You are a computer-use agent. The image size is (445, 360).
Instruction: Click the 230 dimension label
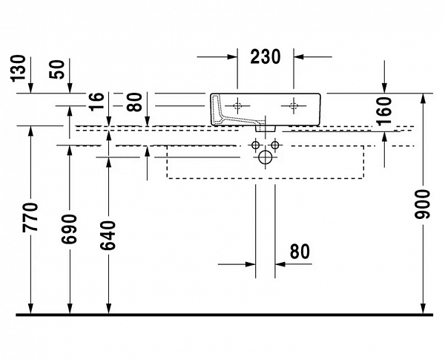(266, 56)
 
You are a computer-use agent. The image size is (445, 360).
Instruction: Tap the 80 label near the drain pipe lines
(299, 252)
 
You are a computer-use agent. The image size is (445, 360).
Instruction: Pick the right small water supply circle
(275, 144)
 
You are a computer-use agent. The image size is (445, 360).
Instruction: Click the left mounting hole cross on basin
(237, 103)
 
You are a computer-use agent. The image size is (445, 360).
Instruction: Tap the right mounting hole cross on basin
(295, 103)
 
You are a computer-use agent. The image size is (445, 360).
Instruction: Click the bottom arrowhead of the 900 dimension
(423, 307)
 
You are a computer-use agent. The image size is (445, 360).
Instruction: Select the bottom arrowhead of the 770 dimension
(30, 307)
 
